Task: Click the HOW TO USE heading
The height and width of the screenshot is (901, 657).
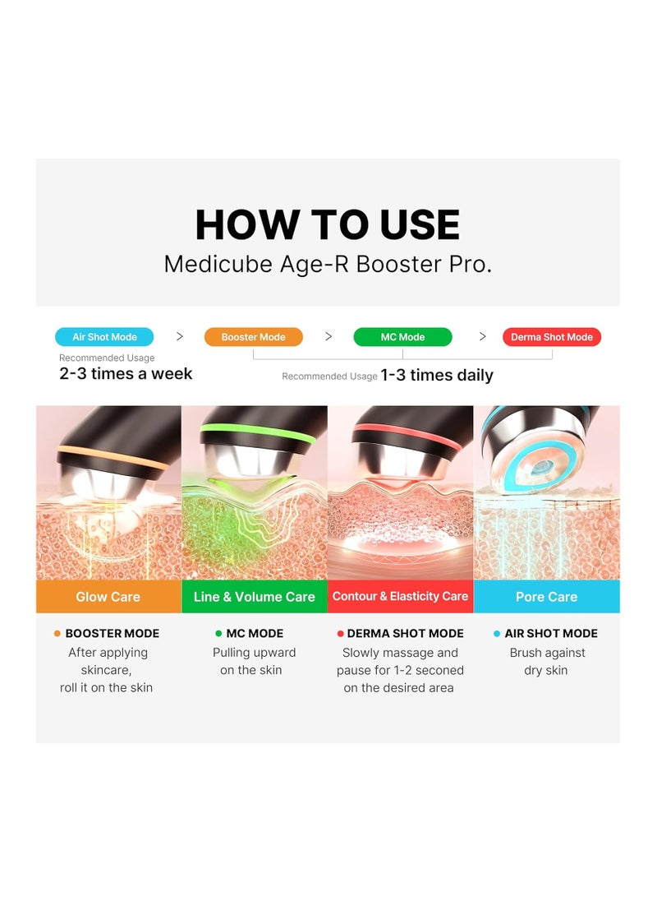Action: point(328,224)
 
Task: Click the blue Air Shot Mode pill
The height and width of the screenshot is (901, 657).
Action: point(104,337)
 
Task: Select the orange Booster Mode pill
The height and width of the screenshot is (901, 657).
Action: point(254,337)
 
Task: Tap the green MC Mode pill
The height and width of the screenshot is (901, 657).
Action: point(402,337)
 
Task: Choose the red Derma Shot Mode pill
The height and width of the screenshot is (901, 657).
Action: point(552,337)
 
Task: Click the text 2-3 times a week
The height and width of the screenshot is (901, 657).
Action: point(126,373)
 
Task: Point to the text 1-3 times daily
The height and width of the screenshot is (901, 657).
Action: point(437,375)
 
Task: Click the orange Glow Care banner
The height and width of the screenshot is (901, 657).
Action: point(109,597)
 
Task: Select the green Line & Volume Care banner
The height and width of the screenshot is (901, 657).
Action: point(255,597)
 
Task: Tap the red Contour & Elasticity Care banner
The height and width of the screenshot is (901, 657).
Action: point(401,597)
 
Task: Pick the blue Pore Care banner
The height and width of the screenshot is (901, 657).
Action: point(546,597)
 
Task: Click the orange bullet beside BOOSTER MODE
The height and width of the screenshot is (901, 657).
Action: point(57,633)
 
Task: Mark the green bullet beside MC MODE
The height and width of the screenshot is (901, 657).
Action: point(218,633)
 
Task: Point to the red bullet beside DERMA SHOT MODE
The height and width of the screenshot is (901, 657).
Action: point(340,633)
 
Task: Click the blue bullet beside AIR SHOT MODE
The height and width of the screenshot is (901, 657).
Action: point(497,633)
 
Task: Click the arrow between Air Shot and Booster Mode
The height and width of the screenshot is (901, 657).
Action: point(180,336)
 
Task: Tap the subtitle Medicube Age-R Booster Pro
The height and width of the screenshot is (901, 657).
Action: point(328,265)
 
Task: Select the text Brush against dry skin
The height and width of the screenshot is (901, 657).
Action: point(547,662)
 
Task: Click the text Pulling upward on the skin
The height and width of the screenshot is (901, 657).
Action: point(254,662)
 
